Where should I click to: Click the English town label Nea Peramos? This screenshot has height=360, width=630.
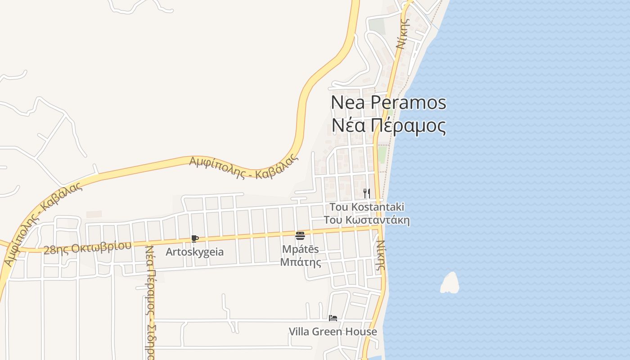[x=388, y=102]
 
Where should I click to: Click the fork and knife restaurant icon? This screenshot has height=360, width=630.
[x=367, y=193]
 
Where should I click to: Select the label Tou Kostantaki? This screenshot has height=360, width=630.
[x=367, y=207]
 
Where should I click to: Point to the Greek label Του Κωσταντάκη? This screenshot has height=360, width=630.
[x=367, y=220]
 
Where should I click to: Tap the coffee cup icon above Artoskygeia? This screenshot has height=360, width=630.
[x=194, y=238]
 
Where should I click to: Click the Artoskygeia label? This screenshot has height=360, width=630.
[x=194, y=252]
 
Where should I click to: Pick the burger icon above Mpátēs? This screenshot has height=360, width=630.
[x=300, y=235]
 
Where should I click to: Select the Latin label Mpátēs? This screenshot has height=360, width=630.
[x=300, y=249]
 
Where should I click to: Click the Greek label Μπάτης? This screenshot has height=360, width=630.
[x=300, y=262]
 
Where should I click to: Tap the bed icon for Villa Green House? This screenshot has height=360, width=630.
[x=333, y=318]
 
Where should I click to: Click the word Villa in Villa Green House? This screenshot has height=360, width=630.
[x=298, y=332]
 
